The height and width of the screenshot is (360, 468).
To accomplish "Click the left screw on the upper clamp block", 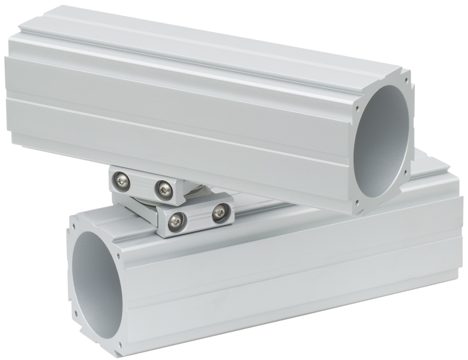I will click(x=122, y=179).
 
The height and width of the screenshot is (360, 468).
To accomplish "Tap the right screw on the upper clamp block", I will click(x=163, y=190).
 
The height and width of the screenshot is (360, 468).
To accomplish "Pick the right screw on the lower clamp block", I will click(x=220, y=211).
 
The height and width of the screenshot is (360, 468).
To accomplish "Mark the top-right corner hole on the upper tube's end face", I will click(x=407, y=79).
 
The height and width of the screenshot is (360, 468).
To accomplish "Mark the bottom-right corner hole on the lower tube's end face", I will click(x=120, y=344).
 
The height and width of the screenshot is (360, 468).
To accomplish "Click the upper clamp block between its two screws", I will click(x=142, y=185).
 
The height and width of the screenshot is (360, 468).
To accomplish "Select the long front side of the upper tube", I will click(x=180, y=120).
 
